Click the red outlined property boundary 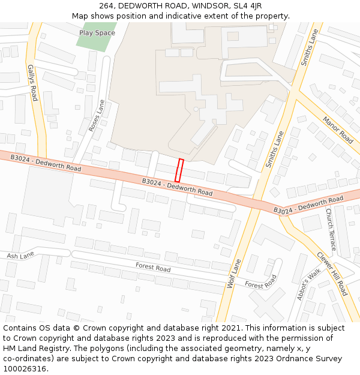[x=178, y=170]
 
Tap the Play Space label [x=97, y=33]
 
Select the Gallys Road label [x=32, y=82]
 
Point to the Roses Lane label [x=97, y=115]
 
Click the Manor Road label [x=338, y=130]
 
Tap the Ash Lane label [x=20, y=256]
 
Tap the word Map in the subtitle [x=80, y=16]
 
